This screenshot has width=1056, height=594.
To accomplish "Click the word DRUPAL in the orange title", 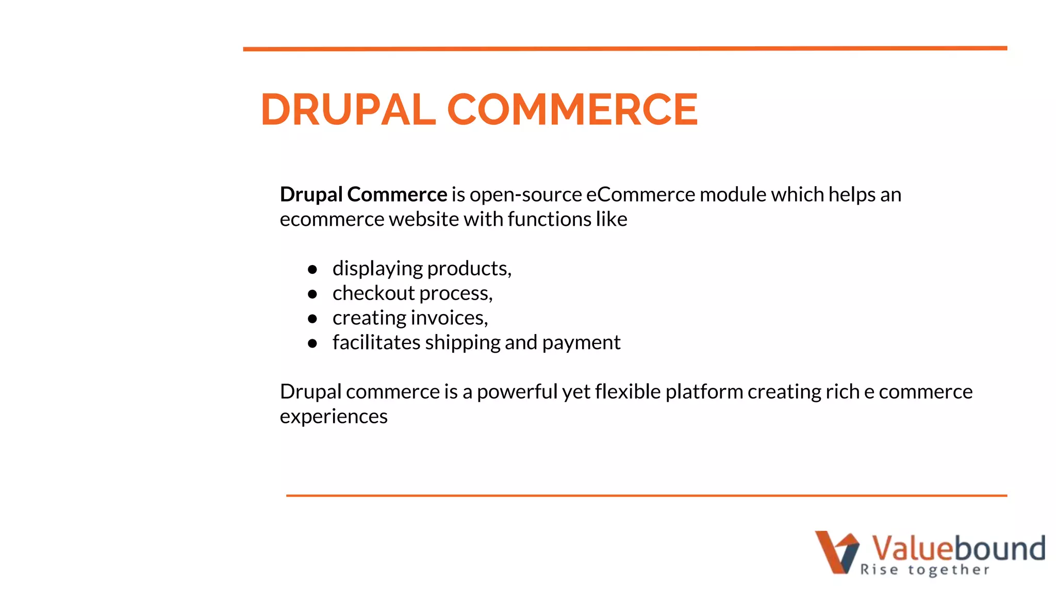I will pyautogui.click(x=348, y=109).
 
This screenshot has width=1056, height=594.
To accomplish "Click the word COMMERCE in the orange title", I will pyautogui.click(x=572, y=109).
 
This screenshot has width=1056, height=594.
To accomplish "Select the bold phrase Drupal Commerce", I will pyautogui.click(x=363, y=195).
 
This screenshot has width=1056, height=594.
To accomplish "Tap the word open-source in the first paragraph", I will pyautogui.click(x=525, y=195).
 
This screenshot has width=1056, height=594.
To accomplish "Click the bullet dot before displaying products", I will pyautogui.click(x=312, y=269).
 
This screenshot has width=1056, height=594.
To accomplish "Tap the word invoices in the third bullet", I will pyautogui.click(x=449, y=318).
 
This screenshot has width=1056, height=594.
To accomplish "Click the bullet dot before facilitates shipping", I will pyautogui.click(x=312, y=343).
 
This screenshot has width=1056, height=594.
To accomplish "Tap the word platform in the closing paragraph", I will pyautogui.click(x=704, y=392).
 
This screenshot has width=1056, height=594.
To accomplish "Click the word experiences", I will pyautogui.click(x=334, y=417).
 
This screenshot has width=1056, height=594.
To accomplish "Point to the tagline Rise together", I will pyautogui.click(x=925, y=570).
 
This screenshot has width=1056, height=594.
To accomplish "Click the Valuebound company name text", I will pyautogui.click(x=958, y=548).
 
